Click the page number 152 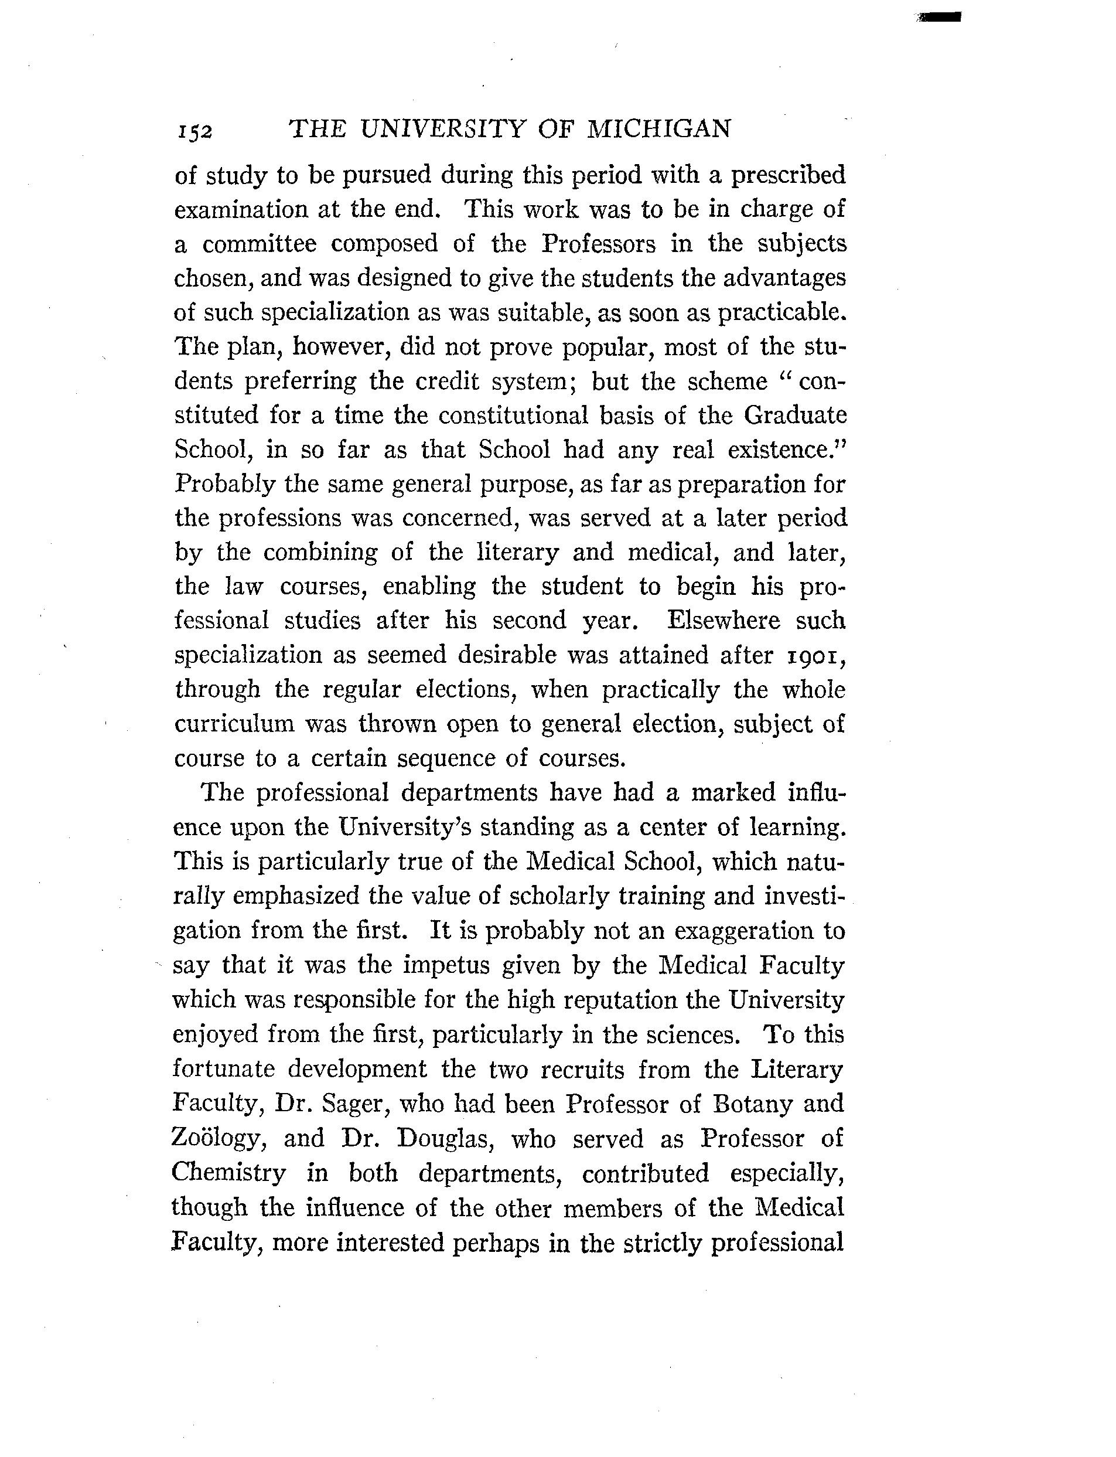(x=194, y=131)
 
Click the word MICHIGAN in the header (x=659, y=128)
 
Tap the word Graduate (x=794, y=416)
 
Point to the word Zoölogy (x=218, y=1139)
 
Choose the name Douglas (x=443, y=1139)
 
